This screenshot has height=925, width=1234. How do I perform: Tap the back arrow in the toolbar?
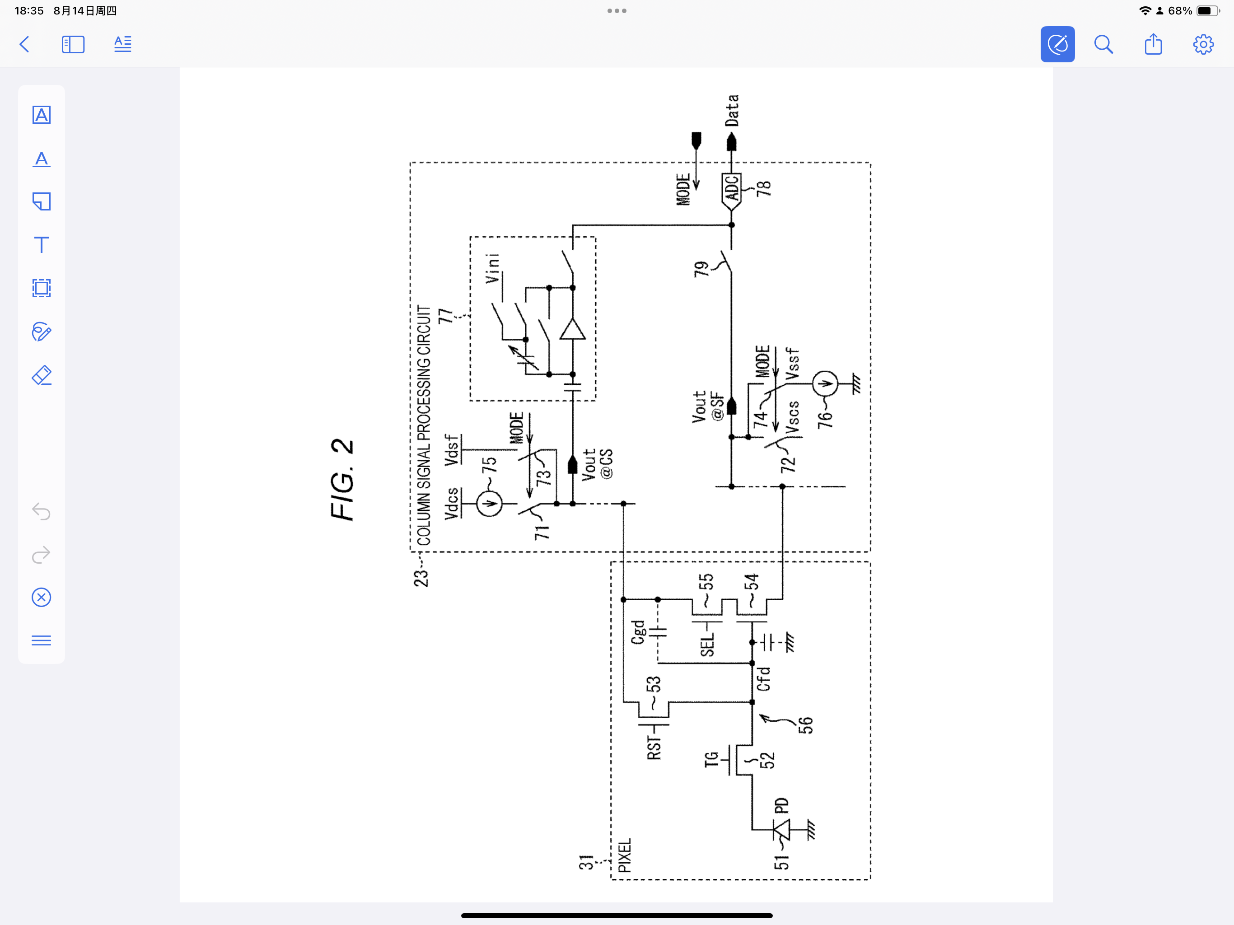24,45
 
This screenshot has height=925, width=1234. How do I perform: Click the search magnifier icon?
1103,45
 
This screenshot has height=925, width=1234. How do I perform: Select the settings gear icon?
1203,45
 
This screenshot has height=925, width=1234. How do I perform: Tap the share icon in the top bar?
1153,45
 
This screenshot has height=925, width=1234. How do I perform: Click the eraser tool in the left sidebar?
41,375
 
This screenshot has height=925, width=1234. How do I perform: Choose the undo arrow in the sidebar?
41,511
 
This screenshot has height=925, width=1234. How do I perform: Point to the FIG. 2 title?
342,480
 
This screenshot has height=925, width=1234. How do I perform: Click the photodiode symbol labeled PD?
781,830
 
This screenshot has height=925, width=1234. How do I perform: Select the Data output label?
731,111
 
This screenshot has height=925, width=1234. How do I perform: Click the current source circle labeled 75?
489,504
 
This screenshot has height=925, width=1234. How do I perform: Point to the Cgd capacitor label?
638,632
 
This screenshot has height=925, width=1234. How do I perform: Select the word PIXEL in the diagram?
624,855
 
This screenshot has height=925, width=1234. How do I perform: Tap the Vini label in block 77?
492,268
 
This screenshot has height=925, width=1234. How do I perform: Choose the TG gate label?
710,759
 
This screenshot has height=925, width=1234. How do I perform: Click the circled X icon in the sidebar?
41,598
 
